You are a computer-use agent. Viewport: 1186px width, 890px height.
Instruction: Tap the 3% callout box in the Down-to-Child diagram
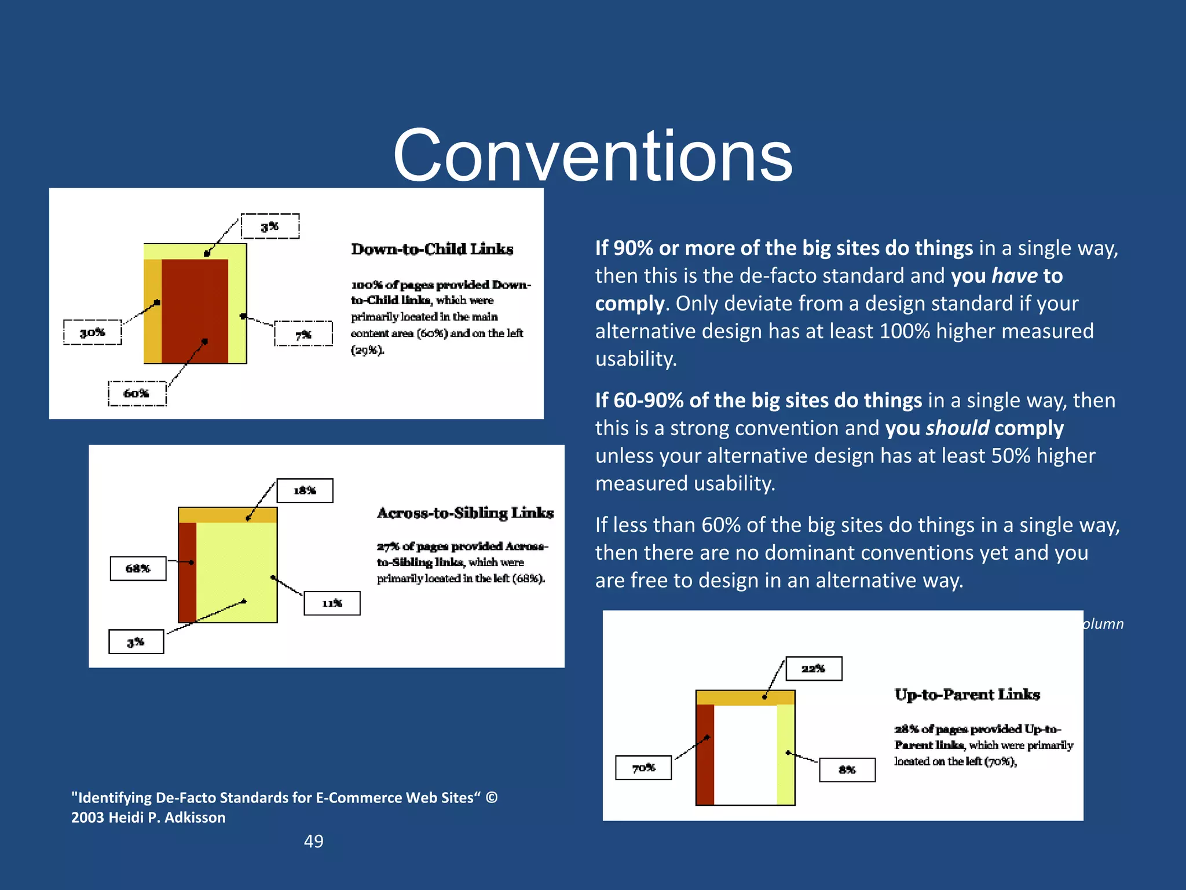coord(270,226)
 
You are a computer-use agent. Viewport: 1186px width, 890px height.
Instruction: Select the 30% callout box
coord(93,332)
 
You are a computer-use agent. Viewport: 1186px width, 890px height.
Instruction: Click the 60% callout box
coord(137,393)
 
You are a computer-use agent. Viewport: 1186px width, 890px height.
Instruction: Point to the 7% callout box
coord(303,334)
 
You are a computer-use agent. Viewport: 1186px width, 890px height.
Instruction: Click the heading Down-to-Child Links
coord(432,249)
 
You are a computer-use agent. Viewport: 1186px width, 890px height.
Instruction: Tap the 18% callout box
coord(305,491)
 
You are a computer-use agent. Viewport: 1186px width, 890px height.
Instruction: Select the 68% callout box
coord(138,568)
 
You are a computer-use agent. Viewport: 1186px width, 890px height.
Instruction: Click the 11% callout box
coord(332,603)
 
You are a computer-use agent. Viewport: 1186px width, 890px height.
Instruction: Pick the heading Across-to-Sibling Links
coord(465,513)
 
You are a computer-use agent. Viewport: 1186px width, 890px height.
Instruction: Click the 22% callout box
coord(813,669)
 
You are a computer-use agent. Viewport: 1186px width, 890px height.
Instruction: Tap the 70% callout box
coord(643,768)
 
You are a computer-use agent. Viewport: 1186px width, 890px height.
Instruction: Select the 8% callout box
coord(847,769)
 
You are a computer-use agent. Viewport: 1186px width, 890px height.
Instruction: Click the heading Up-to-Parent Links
coord(967,694)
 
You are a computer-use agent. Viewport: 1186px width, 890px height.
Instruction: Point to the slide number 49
coord(313,841)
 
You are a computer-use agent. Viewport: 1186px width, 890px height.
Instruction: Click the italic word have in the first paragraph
coord(1014,276)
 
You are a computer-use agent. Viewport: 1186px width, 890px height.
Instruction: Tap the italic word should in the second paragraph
coord(957,428)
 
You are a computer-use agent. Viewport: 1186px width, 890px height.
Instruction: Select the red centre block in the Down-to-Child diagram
coord(195,311)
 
